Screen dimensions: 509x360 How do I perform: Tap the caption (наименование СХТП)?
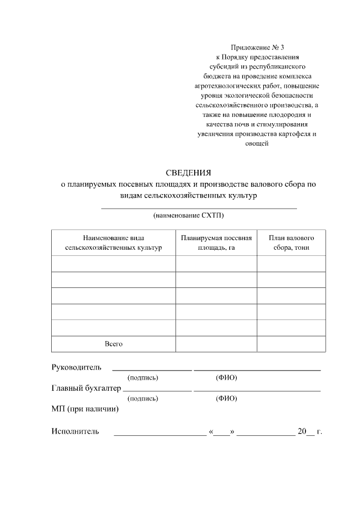tap(188, 215)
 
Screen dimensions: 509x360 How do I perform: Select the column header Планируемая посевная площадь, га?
tap(216, 242)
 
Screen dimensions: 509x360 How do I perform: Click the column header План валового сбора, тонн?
tap(291, 242)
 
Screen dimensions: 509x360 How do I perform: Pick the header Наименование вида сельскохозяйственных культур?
tap(113, 242)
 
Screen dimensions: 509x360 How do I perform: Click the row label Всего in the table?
tap(113, 344)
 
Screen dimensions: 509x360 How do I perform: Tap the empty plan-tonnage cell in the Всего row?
tap(291, 344)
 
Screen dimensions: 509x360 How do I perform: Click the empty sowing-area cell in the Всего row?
tap(216, 344)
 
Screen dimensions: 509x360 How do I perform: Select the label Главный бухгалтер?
tap(86, 388)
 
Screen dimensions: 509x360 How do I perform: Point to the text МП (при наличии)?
tap(85, 409)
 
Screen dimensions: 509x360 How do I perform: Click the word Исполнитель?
tap(75, 431)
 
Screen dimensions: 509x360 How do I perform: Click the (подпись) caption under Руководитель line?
tap(143, 377)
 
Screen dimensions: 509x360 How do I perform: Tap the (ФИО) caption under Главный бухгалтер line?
tap(226, 398)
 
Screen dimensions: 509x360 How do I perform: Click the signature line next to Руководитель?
tap(152, 370)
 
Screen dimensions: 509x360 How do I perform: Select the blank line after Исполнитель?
tap(160, 434)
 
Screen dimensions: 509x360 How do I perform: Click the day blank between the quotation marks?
tap(222, 434)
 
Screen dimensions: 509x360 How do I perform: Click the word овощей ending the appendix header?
tap(257, 143)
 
